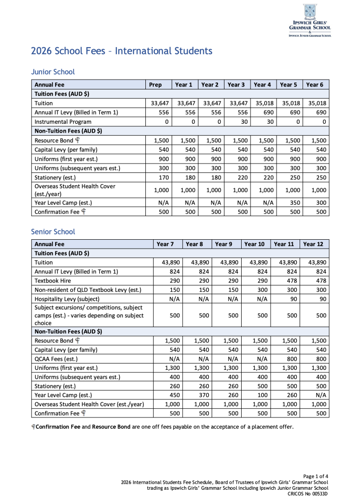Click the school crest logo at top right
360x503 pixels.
[x=309, y=12]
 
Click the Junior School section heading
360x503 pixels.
[x=53, y=72]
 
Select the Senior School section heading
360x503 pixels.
[x=53, y=231]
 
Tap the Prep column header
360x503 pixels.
[x=155, y=84]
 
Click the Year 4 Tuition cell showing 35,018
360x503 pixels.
[x=263, y=103]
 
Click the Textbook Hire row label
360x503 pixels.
[x=53, y=280]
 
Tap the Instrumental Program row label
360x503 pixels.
[x=63, y=122]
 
